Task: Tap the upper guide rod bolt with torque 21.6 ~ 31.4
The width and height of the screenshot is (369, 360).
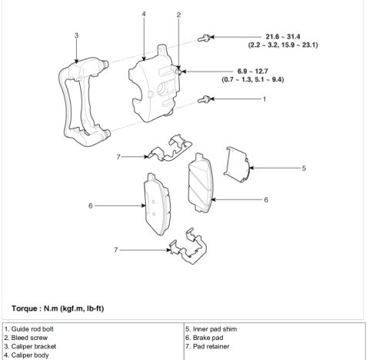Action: pos(204,38)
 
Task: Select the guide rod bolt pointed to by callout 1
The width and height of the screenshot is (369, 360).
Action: pos(204,99)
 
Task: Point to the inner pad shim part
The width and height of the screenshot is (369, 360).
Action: pos(237,164)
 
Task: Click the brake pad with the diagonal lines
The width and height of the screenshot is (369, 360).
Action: pos(201,183)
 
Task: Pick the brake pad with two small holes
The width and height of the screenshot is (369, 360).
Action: pos(157,204)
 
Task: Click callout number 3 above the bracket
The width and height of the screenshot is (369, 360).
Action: pos(76,35)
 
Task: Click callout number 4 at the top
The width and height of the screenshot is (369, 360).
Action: pos(144,14)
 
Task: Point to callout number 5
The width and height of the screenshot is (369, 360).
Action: pos(304,168)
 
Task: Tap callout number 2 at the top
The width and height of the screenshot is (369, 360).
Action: pos(178,15)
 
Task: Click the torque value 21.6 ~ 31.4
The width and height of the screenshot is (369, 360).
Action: pos(283,37)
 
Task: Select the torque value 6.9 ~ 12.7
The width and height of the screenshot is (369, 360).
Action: pos(253,71)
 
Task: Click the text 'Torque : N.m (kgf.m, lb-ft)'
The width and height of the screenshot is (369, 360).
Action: pos(58,308)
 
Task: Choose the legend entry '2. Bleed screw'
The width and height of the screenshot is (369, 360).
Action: pos(26,338)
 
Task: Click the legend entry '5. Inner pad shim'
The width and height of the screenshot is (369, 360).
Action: pos(211,329)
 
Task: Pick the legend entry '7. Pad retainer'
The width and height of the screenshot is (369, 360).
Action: pos(208,346)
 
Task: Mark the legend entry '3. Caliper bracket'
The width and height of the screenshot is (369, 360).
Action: pos(30,346)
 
